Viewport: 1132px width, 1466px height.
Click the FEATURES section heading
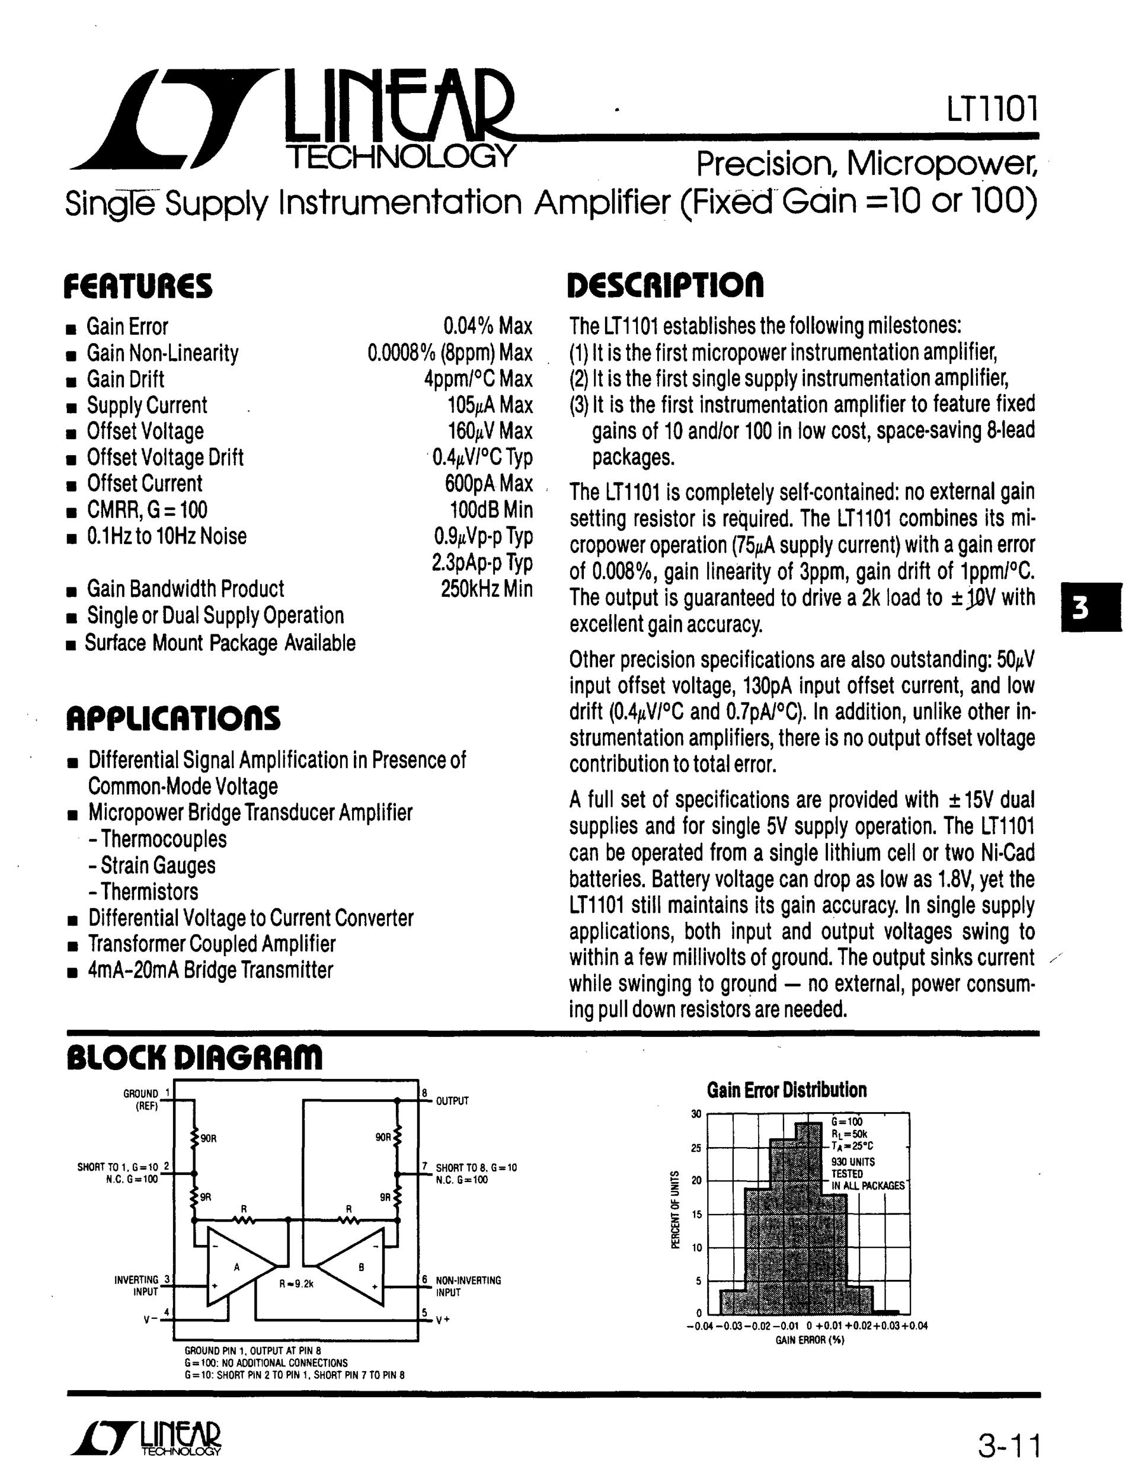click(137, 287)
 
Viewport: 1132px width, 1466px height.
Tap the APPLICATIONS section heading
click(173, 718)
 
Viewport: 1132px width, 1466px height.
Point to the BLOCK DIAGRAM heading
click(194, 1058)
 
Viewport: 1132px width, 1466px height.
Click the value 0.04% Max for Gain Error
click(488, 327)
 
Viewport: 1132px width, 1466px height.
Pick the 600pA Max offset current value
click(488, 484)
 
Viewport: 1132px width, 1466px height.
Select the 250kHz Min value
click(487, 589)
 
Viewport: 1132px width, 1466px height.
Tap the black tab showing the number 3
click(1091, 608)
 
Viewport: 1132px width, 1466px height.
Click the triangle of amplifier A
click(236, 1267)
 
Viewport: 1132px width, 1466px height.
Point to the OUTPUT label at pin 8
click(452, 1101)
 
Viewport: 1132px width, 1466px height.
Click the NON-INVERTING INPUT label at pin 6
click(468, 1286)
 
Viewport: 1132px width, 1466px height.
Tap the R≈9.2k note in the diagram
click(296, 1284)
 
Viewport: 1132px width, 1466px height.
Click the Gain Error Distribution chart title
click(786, 1090)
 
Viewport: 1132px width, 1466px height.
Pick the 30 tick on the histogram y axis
click(696, 1115)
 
